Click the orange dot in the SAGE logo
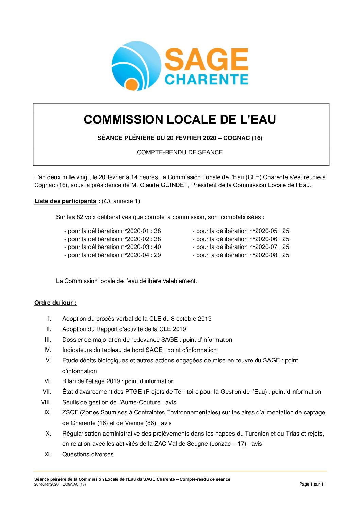coord(131,84)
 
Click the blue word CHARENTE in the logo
coord(207,79)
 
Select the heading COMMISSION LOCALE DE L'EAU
coord(180,120)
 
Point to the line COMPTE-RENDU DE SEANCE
coord(180,152)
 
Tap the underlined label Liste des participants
coord(65,201)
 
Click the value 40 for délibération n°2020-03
coord(157,247)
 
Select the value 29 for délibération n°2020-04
coord(157,255)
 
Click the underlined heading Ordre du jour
coord(55,303)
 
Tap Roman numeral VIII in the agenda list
coord(46,402)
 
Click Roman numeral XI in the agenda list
coord(48,454)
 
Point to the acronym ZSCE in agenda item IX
coord(70,412)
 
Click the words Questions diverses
coord(88,454)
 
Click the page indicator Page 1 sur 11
coord(312,484)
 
